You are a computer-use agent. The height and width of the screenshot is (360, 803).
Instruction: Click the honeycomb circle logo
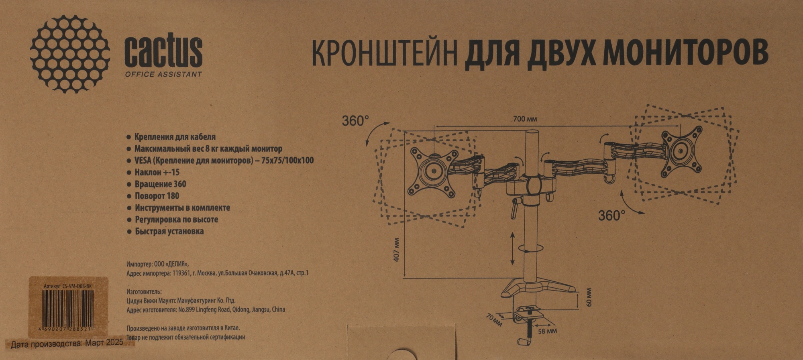(70, 54)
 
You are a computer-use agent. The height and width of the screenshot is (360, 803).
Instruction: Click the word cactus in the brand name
(163, 52)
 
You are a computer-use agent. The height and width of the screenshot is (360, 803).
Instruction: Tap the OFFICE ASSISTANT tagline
(163, 74)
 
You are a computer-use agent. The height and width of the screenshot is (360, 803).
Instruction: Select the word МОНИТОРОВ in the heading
(685, 53)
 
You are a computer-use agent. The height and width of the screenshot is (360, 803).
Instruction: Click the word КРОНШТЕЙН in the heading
(384, 54)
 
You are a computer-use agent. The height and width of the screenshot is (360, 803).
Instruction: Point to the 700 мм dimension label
(525, 119)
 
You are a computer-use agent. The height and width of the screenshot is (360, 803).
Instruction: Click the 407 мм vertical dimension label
(396, 250)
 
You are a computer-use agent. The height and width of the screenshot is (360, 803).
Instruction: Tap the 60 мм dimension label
(589, 297)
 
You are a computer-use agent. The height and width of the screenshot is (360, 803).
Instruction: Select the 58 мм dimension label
(547, 331)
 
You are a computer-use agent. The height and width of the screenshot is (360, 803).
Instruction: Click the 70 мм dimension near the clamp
(494, 319)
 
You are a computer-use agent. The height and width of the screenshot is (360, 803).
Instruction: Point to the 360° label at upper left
(355, 121)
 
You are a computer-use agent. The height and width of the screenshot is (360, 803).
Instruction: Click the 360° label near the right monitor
(611, 216)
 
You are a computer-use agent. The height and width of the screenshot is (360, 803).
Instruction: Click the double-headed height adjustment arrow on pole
(512, 248)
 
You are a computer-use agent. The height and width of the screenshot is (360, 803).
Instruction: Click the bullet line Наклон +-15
(157, 173)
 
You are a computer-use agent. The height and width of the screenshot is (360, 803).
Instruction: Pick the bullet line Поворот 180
(157, 196)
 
